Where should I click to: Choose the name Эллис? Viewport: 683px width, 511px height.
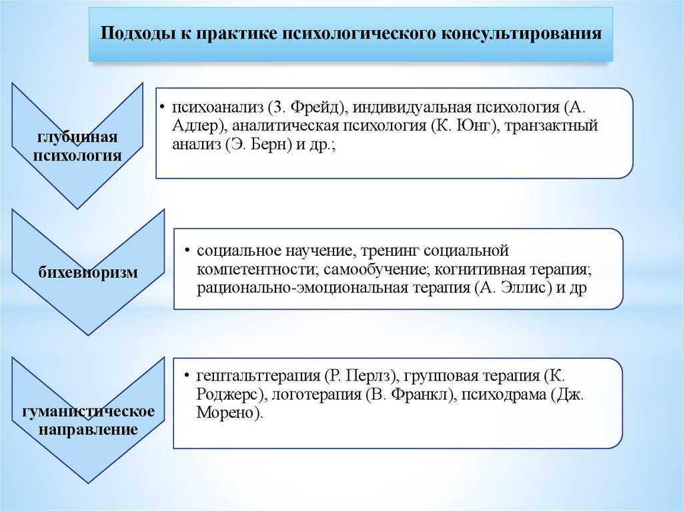coord(524,288)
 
